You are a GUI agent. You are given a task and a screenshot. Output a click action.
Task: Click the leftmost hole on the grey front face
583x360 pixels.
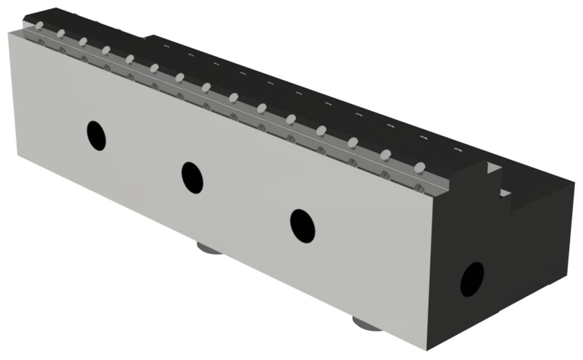[97, 135]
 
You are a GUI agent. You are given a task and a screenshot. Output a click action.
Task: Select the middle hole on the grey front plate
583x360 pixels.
[192, 177]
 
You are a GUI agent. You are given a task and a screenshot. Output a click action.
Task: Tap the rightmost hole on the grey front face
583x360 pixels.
[303, 225]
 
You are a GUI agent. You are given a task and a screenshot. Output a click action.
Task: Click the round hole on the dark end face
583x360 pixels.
[472, 279]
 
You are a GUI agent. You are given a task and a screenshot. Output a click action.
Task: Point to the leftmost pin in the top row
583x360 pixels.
[38, 26]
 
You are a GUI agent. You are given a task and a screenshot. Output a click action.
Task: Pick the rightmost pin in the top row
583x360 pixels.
[419, 167]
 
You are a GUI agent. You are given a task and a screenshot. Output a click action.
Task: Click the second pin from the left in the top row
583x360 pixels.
[61, 33]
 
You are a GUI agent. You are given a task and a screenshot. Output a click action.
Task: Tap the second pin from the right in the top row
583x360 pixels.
[385, 154]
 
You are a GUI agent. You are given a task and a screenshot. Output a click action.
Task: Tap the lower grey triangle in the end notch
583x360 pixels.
[505, 193]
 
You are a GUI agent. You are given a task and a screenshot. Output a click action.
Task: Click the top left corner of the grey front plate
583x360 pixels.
[9, 33]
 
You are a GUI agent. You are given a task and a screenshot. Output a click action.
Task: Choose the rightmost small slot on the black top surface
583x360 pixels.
[458, 150]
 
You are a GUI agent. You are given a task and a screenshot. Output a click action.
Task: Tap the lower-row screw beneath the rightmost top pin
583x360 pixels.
[419, 187]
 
